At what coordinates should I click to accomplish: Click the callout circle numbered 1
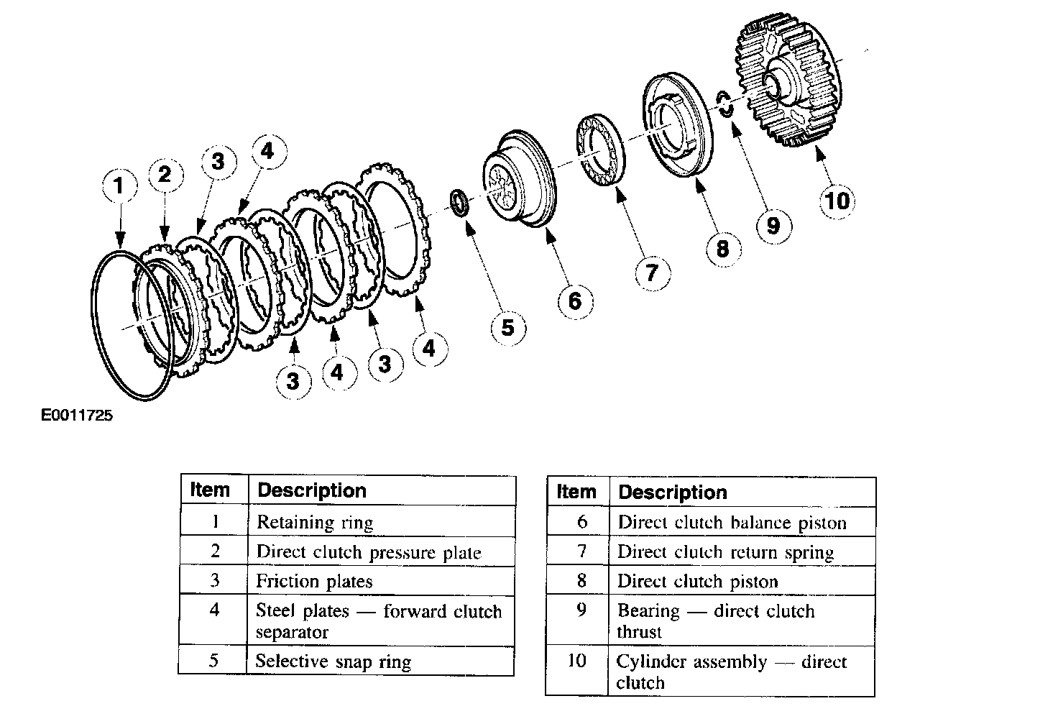pyautogui.click(x=119, y=186)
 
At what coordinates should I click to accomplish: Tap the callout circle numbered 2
pyautogui.click(x=165, y=175)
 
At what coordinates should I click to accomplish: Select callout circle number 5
pyautogui.click(x=508, y=328)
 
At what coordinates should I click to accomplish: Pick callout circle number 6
pyautogui.click(x=574, y=301)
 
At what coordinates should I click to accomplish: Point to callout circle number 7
pyautogui.click(x=652, y=273)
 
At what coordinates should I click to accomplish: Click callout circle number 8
pyautogui.click(x=723, y=249)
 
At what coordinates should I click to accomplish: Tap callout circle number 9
pyautogui.click(x=773, y=226)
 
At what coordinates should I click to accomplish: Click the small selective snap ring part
pyautogui.click(x=460, y=202)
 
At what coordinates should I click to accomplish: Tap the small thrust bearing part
pyautogui.click(x=725, y=102)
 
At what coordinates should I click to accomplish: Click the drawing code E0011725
pyautogui.click(x=77, y=416)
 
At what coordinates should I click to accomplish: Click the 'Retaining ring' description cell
pyautogui.click(x=382, y=521)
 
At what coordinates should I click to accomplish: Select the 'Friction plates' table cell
pyautogui.click(x=382, y=581)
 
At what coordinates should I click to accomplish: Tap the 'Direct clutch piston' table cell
pyautogui.click(x=742, y=581)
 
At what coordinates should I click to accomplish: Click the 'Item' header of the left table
pyautogui.click(x=210, y=490)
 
